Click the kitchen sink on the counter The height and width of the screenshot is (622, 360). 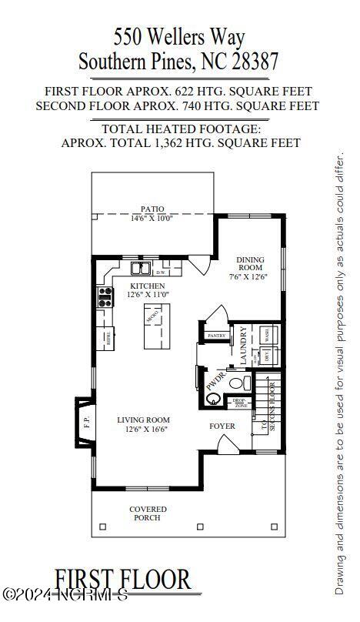click(140, 269)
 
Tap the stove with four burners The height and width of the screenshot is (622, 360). click(105, 297)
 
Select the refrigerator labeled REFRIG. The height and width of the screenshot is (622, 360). click(105, 336)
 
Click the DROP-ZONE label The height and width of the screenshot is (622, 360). click(240, 403)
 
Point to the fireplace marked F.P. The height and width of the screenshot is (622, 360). click(86, 422)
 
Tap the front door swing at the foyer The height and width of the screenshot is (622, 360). click(227, 443)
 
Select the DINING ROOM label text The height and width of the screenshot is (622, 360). click(251, 264)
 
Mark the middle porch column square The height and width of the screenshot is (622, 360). click(189, 527)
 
